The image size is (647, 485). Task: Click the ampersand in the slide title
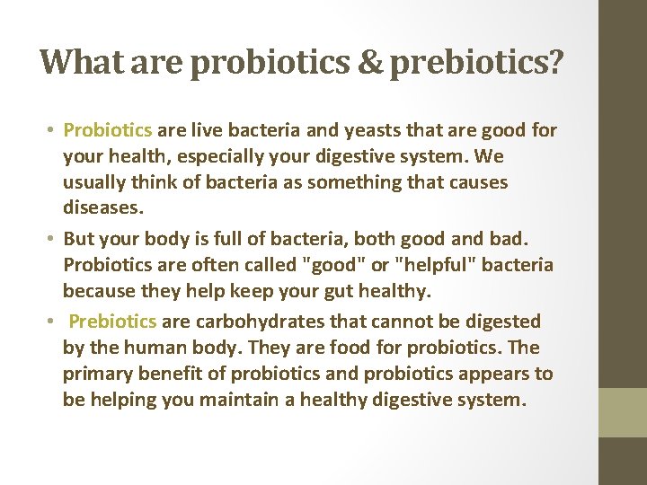coord(370,61)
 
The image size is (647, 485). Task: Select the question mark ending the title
coord(555,61)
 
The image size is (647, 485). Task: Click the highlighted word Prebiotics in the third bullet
coord(112,321)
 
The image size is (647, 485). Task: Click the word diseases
coord(102,208)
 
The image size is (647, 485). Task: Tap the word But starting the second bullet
coord(81,240)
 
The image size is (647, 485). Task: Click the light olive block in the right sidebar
coord(623,412)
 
